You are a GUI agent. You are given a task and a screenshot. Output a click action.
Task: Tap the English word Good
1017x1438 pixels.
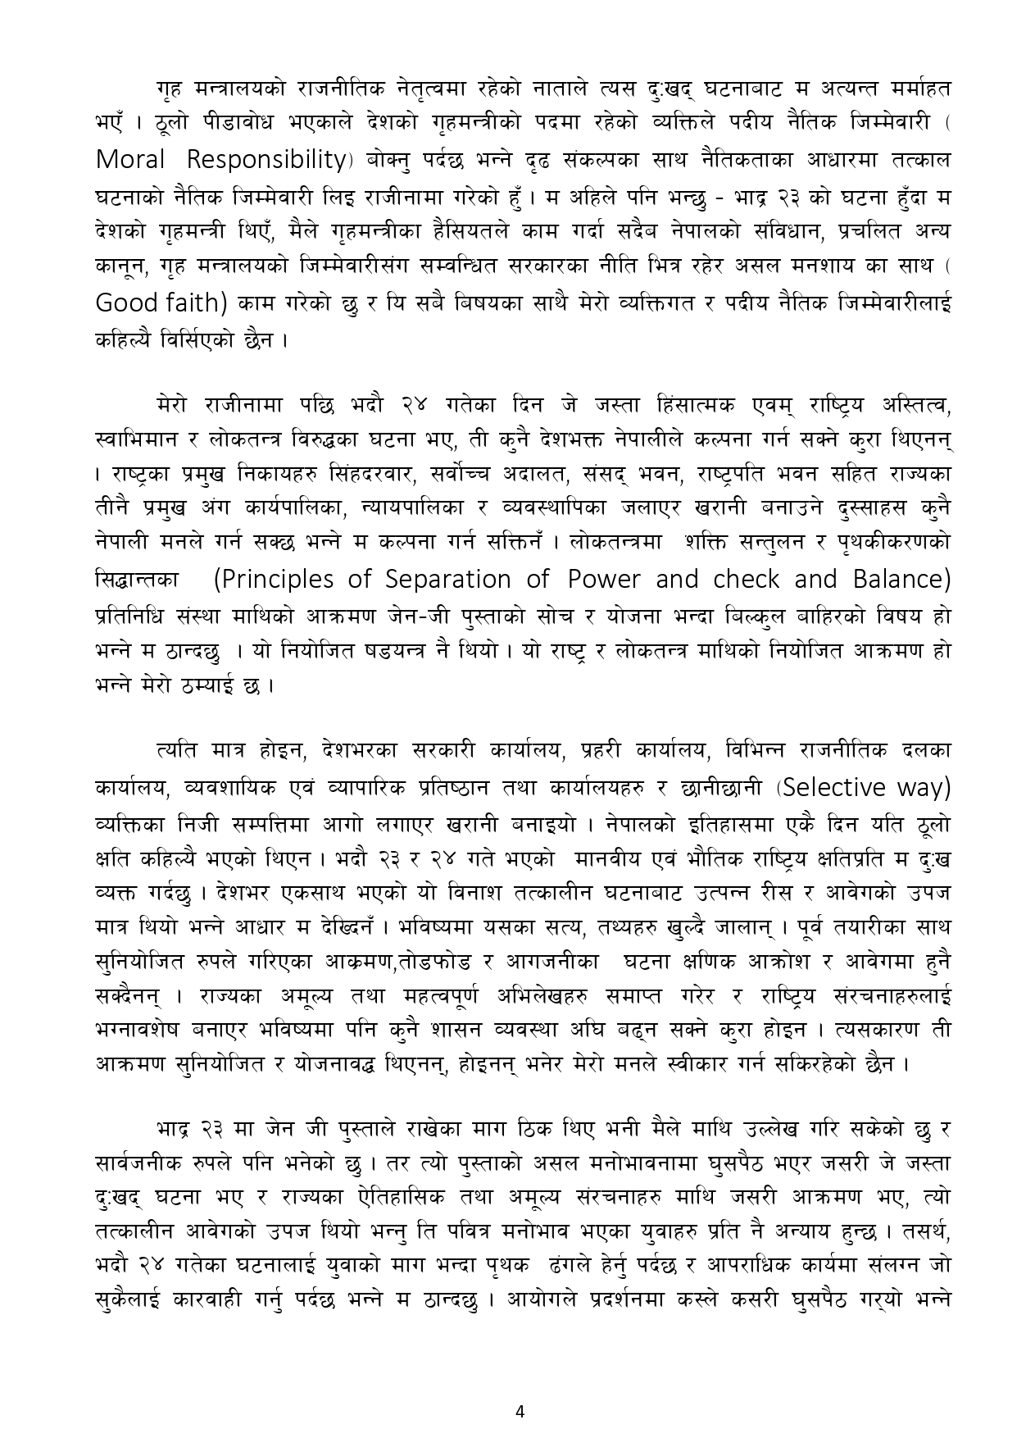[126, 303]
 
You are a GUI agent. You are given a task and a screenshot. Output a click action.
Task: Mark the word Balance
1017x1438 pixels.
[902, 580]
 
